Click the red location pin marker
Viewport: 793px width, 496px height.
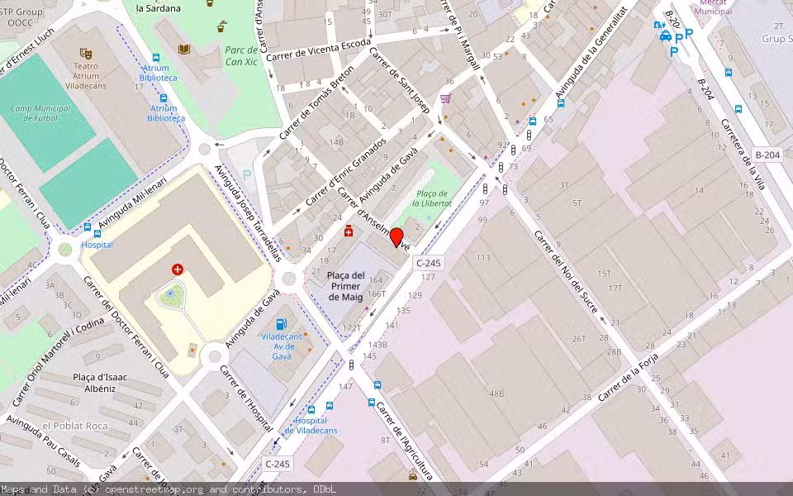396,237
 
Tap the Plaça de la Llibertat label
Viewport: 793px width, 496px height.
434,198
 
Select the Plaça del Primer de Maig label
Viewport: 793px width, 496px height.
345,286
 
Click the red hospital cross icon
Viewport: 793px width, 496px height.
177,269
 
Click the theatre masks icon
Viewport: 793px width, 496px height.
85,54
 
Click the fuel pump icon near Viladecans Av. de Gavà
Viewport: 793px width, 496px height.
282,323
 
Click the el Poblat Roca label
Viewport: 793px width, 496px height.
75,425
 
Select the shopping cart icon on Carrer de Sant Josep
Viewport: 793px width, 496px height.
446,98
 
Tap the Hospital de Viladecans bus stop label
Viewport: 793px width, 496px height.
311,426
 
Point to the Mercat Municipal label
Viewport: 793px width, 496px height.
715,7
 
